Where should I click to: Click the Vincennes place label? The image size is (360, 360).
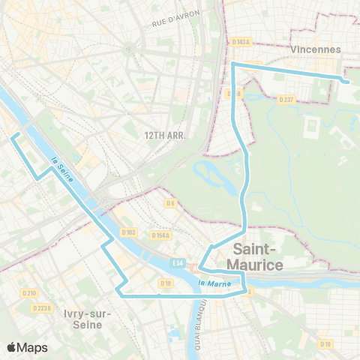314,49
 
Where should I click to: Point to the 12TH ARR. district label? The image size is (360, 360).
164,136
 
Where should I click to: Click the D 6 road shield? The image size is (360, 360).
170,202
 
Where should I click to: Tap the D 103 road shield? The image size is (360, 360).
129,233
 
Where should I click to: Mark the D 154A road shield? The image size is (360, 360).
160,235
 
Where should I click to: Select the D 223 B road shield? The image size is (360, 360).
42,307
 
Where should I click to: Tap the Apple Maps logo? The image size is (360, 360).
27,347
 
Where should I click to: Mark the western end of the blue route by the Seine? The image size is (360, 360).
10,136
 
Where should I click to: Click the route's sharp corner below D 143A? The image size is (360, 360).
233,64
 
